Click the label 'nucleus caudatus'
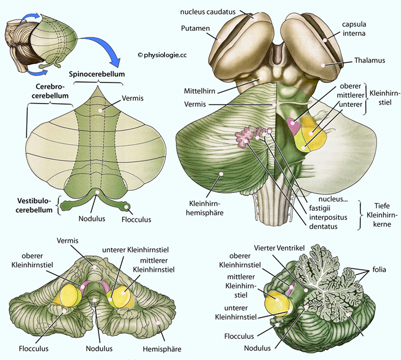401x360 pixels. [207, 12]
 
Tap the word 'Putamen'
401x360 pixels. [195, 28]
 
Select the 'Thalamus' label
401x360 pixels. [369, 60]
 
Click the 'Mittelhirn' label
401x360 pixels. [200, 91]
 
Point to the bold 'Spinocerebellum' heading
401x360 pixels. [97, 74]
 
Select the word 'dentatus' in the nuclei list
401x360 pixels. [323, 227]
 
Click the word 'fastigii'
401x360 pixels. [320, 208]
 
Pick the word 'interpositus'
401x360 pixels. [328, 217]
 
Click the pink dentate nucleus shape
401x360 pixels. [246, 137]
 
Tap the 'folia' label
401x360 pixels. [379, 270]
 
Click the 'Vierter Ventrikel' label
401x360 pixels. [280, 248]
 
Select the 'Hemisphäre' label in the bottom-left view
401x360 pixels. [162, 349]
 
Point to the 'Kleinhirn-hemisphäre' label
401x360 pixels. [205, 208]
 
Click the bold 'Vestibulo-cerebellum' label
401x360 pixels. [35, 205]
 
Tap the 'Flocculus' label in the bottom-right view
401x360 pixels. [239, 336]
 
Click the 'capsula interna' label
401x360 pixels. [354, 29]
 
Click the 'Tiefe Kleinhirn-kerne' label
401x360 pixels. [382, 215]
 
